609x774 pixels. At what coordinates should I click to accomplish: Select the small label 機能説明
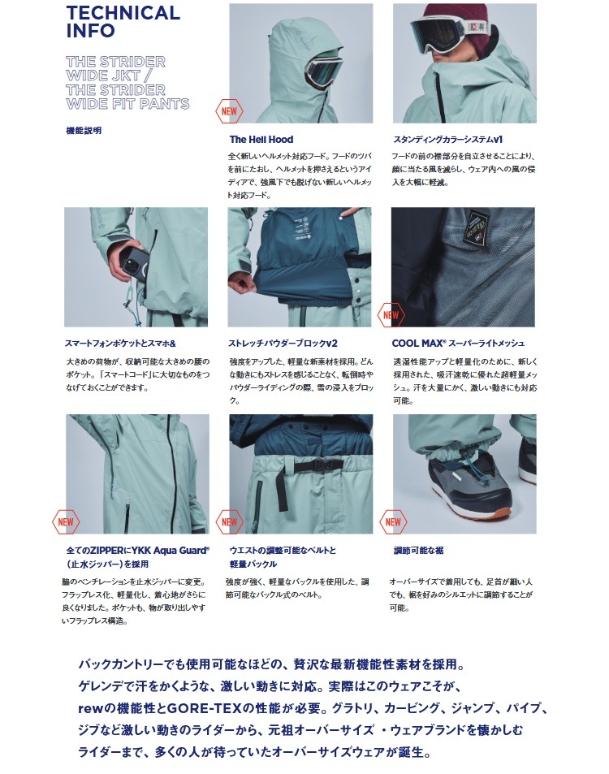pyautogui.click(x=84, y=130)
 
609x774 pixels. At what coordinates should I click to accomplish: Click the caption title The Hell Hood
pyautogui.click(x=261, y=140)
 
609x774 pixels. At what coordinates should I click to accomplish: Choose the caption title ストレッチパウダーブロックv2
pyautogui.click(x=283, y=343)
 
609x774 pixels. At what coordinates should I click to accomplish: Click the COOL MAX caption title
pyautogui.click(x=458, y=343)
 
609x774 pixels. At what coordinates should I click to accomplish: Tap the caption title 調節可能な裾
pyautogui.click(x=418, y=550)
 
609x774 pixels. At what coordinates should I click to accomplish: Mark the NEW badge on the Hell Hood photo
pyautogui.click(x=229, y=110)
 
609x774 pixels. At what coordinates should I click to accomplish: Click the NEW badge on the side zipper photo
pyautogui.click(x=66, y=521)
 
